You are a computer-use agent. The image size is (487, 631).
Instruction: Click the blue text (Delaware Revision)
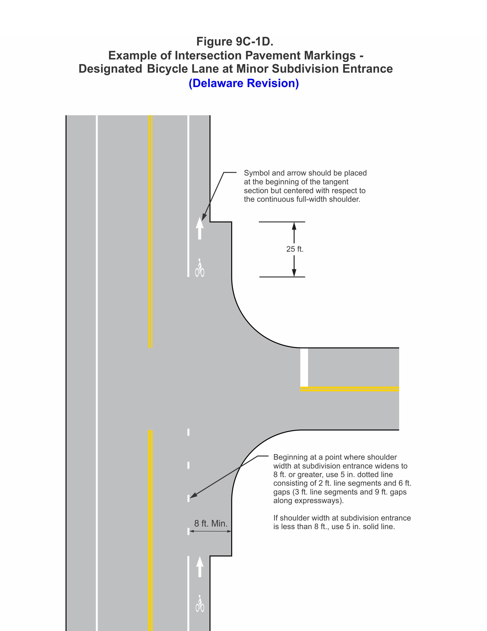coord(244,83)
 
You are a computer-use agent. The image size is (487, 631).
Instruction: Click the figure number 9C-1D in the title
coord(253,42)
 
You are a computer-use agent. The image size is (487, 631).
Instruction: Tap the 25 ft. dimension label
coord(295,249)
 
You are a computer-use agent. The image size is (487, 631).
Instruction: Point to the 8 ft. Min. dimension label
coord(211,523)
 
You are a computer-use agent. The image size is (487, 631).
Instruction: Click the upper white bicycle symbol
coord(199,268)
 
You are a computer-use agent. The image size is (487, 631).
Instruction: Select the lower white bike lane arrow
coord(199,567)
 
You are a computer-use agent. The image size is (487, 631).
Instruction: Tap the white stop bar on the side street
coord(304,367)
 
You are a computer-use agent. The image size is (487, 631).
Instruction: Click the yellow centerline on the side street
coord(349,389)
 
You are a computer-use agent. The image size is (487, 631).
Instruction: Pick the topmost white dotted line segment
coord(189,432)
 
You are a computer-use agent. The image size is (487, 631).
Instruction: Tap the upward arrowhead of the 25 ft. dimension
coord(294,226)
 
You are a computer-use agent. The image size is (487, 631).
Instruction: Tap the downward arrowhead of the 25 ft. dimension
coord(294,273)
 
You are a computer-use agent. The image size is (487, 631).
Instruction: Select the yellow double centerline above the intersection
coord(150,231)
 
